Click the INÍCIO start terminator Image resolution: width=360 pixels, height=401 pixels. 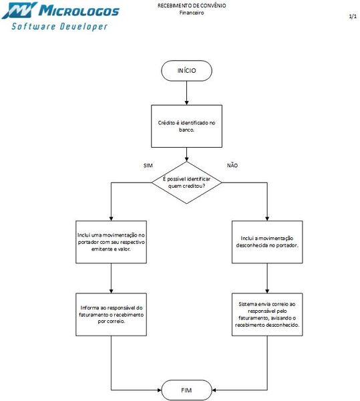tap(187, 70)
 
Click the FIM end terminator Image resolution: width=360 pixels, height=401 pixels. tap(187, 388)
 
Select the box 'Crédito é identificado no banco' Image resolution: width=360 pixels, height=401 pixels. tap(187, 127)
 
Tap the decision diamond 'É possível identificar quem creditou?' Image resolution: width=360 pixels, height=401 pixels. tap(188, 182)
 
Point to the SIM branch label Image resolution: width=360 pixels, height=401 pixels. tap(148, 165)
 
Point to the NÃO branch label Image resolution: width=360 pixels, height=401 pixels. tap(232, 165)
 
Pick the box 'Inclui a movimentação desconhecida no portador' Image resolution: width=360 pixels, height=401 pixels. tap(266, 242)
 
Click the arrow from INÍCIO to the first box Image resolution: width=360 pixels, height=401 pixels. tap(187, 92)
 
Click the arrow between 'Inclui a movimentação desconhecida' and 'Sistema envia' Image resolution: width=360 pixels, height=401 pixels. tap(266, 276)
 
